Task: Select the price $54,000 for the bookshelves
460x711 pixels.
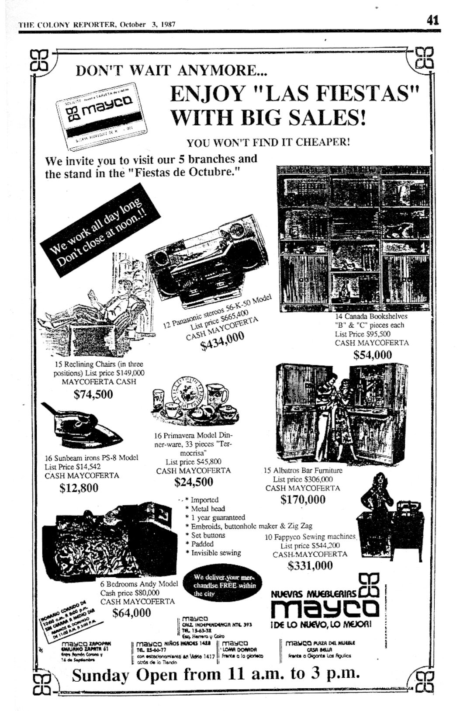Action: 372,354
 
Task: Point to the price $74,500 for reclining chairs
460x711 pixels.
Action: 93,394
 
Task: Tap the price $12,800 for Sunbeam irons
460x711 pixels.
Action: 79,488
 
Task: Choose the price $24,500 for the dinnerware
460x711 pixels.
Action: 194,482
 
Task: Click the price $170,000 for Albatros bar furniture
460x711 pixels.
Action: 303,499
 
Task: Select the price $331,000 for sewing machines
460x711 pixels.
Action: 310,565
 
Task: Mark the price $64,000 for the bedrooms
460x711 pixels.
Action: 131,613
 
